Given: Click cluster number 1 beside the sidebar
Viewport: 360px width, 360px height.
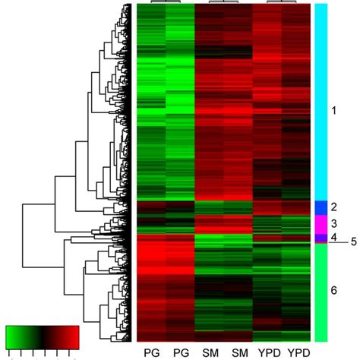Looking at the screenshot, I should (334, 111).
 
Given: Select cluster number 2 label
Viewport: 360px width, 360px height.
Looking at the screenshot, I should (334, 207).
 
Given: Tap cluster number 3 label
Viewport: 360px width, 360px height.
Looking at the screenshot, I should (334, 224).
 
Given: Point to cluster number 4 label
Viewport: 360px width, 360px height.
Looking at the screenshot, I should (334, 238).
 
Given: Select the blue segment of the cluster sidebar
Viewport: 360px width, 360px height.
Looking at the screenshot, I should (321, 207).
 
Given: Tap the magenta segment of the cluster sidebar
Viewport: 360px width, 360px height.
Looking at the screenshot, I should (321, 224).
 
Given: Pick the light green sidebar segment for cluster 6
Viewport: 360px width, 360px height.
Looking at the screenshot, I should (321, 292).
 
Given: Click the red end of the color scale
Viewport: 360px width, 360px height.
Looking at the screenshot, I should (74, 336).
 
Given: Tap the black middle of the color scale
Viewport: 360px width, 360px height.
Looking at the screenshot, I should (43, 336).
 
